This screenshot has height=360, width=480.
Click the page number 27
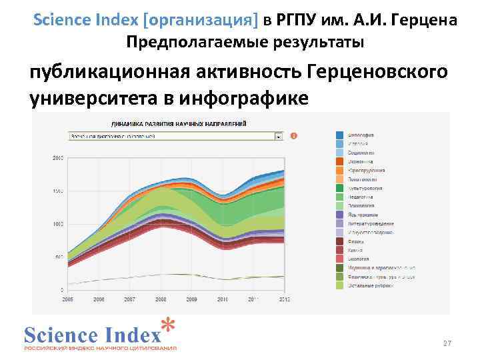(x=447, y=343)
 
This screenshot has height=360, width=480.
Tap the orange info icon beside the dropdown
(x=294, y=136)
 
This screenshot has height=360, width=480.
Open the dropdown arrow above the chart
(x=278, y=136)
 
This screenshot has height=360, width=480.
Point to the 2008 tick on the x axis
(x=160, y=299)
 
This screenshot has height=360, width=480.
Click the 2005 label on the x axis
(x=67, y=299)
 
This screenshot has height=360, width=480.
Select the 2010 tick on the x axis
(x=222, y=299)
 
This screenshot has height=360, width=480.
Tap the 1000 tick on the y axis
(x=57, y=224)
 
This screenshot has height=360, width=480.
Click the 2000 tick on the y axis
(x=57, y=158)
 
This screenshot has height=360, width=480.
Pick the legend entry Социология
(x=361, y=153)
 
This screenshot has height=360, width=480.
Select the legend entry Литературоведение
(x=371, y=223)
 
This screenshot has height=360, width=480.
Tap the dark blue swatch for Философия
(x=339, y=135)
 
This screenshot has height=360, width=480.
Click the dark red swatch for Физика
(x=339, y=241)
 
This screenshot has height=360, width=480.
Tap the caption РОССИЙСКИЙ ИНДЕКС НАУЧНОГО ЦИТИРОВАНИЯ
(x=101, y=347)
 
